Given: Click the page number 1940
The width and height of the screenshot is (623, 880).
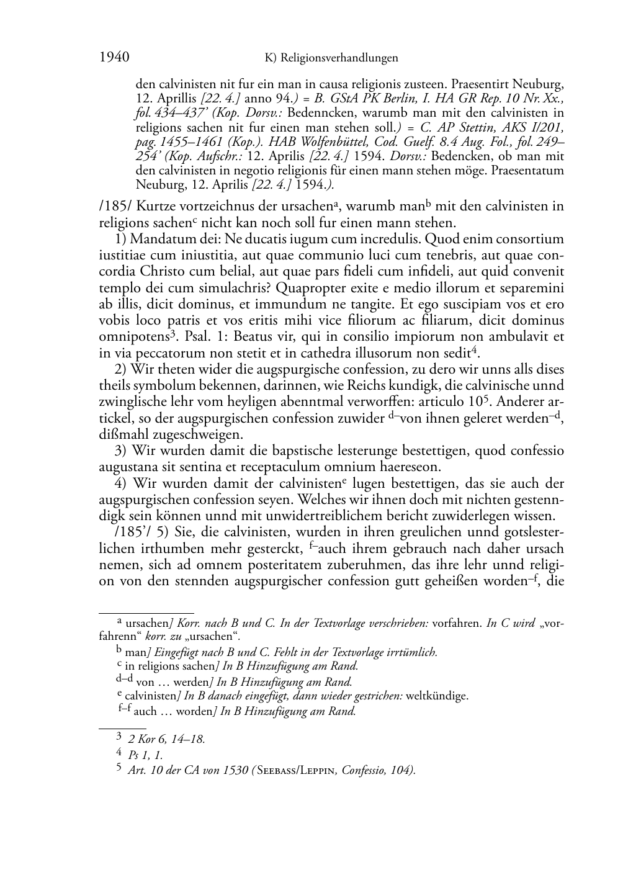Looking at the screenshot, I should [x=114, y=58].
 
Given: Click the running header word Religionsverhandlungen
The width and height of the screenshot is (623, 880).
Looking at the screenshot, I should [x=339, y=58].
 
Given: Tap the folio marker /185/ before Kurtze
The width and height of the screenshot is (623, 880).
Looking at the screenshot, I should [x=114, y=206].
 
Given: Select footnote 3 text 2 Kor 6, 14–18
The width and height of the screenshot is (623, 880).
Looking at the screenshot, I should [x=166, y=739].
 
